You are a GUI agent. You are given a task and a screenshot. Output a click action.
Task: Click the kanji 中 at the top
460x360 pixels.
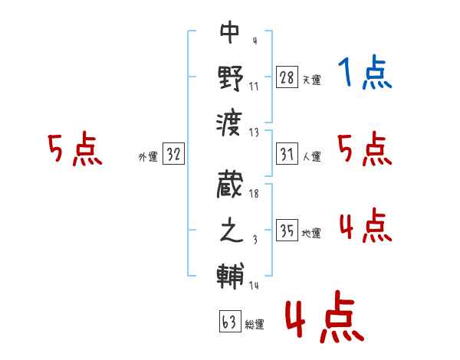coord(230,32)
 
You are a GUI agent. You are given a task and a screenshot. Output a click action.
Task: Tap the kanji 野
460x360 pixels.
coord(230,77)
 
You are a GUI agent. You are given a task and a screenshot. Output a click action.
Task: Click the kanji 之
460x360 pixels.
coord(230,231)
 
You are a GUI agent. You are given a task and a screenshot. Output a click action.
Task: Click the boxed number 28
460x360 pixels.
coord(287,77)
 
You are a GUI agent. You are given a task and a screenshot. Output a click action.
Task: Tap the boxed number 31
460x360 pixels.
coord(287,155)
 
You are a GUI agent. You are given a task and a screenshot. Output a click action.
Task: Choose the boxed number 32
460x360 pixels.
coord(173,155)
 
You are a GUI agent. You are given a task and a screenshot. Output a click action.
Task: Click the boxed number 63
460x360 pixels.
coord(228,322)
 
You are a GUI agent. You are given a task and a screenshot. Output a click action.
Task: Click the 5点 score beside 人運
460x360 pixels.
coord(365,149)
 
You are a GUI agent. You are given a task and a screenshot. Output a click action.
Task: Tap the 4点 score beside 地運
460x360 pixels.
coord(365,226)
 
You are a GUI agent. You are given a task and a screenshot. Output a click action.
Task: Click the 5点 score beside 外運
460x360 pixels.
coord(74,149)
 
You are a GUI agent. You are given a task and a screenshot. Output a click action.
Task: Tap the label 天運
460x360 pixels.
coord(311,80)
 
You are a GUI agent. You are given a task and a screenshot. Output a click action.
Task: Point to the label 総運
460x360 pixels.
coord(255,325)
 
